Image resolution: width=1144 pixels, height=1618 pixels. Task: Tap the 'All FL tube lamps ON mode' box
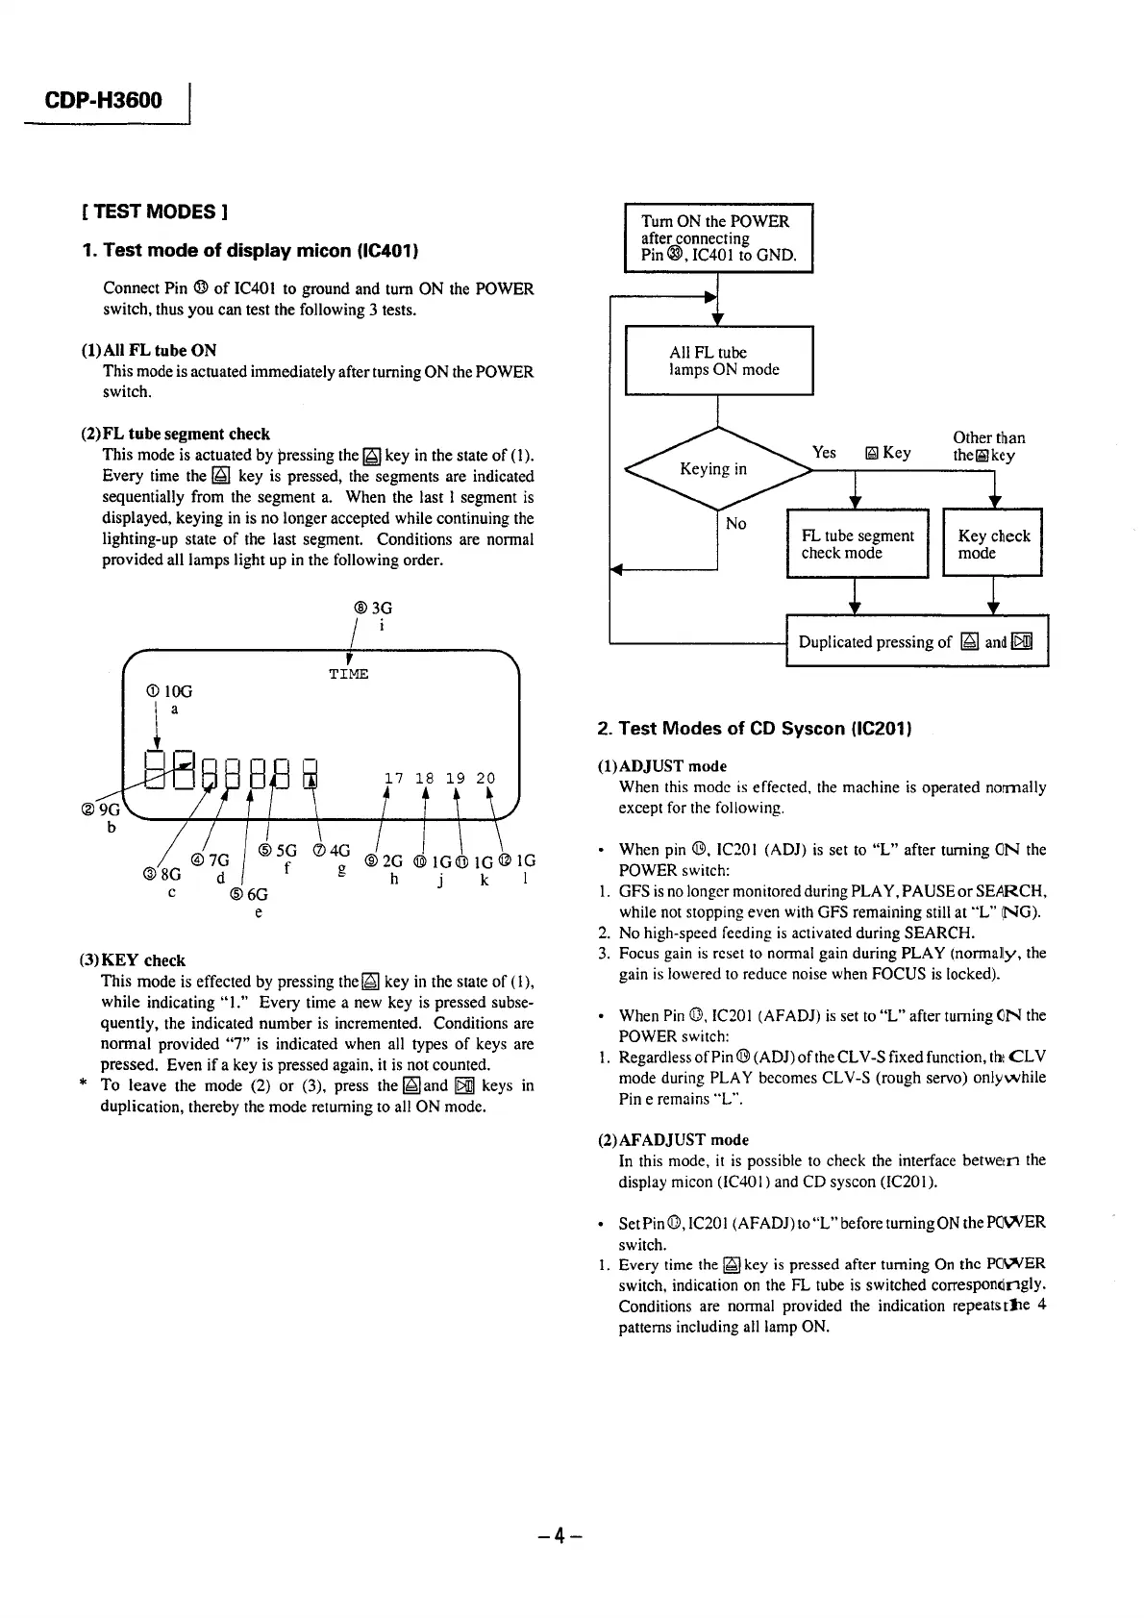(719, 361)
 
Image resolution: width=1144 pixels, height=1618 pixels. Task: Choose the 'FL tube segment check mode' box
(857, 544)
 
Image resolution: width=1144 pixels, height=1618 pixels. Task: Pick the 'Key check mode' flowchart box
(993, 544)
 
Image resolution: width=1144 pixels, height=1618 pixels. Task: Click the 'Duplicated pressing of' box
(916, 641)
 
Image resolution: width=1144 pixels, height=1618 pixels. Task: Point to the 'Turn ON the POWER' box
(718, 238)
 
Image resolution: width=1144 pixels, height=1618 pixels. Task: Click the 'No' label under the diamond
(735, 523)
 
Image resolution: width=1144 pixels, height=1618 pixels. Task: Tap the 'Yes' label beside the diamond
(824, 452)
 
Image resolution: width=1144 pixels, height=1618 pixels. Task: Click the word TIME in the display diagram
(348, 674)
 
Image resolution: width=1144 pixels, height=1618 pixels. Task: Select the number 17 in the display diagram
(394, 778)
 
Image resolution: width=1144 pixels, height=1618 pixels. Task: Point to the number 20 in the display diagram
(485, 778)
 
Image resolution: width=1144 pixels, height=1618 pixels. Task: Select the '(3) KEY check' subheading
(132, 960)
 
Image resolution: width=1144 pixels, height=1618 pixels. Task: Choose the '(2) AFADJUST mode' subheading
(672, 1140)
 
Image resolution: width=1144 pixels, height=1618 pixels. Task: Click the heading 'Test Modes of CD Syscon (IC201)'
(754, 729)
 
